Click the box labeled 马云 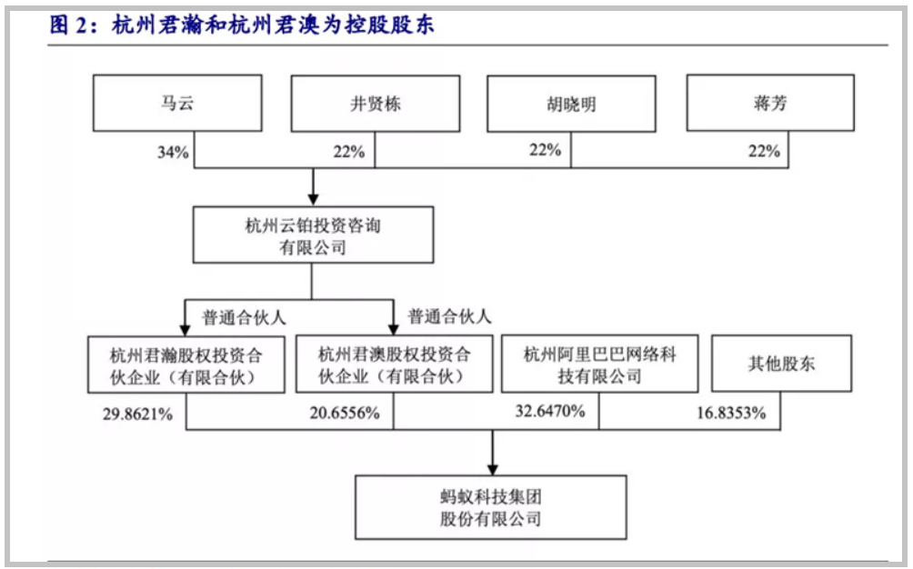[x=177, y=103]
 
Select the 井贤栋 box [x=376, y=104]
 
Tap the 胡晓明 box [x=571, y=104]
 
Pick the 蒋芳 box [x=770, y=103]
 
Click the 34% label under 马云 [x=173, y=153]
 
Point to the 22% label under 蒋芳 [x=764, y=151]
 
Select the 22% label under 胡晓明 [x=545, y=150]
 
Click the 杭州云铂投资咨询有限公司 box [x=313, y=235]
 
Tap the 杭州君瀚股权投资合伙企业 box [x=186, y=364]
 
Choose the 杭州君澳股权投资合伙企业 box [x=394, y=364]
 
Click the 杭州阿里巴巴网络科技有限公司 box [x=600, y=364]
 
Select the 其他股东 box [x=781, y=364]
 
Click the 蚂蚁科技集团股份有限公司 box [x=491, y=507]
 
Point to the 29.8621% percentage [x=138, y=414]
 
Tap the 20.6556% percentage [x=345, y=413]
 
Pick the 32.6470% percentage [x=550, y=412]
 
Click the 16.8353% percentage [x=731, y=413]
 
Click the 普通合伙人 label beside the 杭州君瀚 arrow [x=244, y=317]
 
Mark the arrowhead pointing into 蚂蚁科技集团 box [x=493, y=470]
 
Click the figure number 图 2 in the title [x=69, y=25]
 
